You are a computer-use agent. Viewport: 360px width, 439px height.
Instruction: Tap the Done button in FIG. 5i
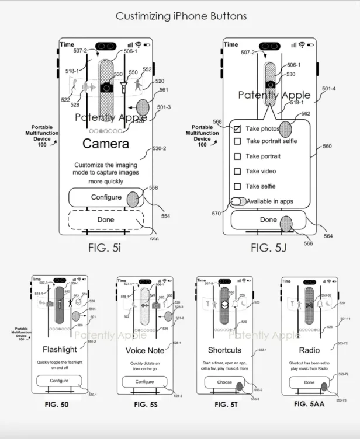pos(106,220)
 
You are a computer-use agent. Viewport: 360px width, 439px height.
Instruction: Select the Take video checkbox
pos(237,172)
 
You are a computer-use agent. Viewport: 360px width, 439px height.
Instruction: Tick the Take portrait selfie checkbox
pos(237,141)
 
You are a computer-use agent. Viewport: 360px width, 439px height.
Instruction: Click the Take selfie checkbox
pos(237,187)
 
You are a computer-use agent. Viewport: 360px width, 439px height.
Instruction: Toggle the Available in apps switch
pos(238,201)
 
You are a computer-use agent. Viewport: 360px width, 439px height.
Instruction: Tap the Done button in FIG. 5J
pos(268,220)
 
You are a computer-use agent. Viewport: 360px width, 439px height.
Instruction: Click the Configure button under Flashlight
pos(60,381)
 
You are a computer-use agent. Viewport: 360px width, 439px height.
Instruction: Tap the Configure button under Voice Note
pos(144,382)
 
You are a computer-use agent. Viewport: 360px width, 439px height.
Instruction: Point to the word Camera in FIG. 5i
pos(106,143)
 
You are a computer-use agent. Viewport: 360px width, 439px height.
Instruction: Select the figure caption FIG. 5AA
pos(310,404)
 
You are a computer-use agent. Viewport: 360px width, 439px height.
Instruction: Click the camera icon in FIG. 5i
pos(106,88)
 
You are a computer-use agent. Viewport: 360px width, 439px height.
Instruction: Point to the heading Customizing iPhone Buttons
pos(181,16)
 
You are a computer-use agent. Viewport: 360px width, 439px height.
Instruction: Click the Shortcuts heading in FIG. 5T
pos(225,350)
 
